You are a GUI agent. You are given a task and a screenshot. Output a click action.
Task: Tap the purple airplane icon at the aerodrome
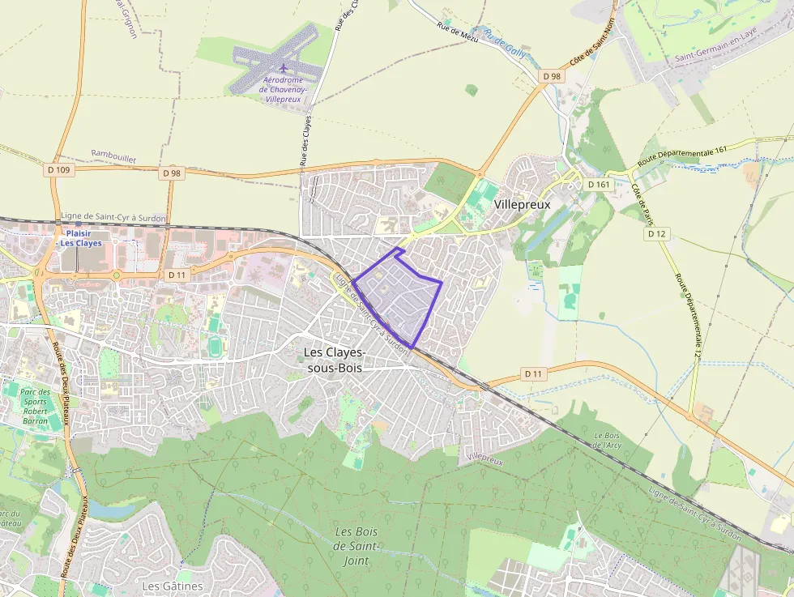[283, 67]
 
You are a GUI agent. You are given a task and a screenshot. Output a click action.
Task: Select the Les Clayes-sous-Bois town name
[334, 360]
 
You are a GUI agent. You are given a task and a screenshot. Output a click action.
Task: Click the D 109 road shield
[60, 170]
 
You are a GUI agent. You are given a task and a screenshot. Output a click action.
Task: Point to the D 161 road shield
[599, 185]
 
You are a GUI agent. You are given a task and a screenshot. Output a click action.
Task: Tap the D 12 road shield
[657, 233]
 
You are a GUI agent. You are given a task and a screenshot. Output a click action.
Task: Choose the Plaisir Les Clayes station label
[81, 237]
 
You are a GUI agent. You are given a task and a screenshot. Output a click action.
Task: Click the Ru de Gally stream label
[504, 45]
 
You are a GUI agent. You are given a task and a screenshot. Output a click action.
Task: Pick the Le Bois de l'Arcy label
[608, 440]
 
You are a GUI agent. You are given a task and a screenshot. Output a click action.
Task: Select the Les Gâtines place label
[172, 586]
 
